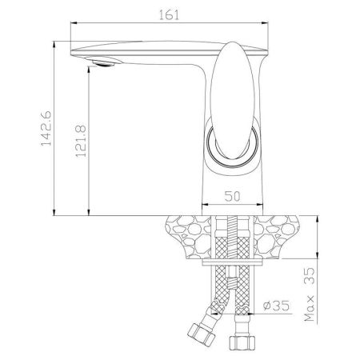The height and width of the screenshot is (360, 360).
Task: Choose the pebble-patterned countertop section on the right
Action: pyautogui.click(x=283, y=236)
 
